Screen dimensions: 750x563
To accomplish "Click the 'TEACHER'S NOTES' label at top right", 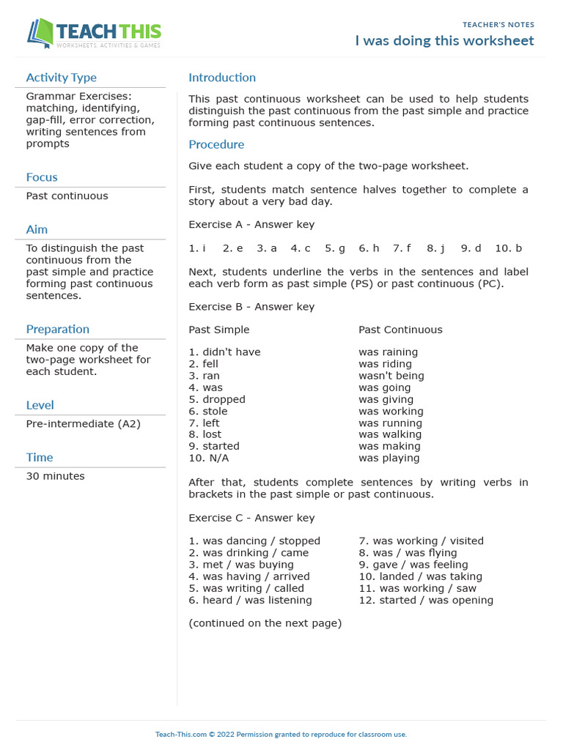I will (x=498, y=25).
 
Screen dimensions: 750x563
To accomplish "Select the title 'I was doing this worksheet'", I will (x=444, y=41).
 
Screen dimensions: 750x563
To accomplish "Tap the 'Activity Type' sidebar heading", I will (x=61, y=78).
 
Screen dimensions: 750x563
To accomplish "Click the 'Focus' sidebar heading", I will (x=42, y=177).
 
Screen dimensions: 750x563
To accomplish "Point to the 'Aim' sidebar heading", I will (x=37, y=229).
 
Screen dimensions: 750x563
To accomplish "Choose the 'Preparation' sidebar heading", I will (x=58, y=329).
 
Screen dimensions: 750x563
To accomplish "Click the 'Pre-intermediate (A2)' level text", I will (x=83, y=423).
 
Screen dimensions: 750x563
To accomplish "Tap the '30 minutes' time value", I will (x=55, y=476).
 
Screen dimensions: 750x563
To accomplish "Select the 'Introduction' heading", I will (x=222, y=78).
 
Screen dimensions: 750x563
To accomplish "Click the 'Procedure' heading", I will (x=216, y=144).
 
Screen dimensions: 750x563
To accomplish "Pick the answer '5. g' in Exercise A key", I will (x=335, y=248).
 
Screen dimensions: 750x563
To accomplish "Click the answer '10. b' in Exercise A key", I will (x=508, y=248).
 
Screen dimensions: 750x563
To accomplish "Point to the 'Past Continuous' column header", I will (x=400, y=330).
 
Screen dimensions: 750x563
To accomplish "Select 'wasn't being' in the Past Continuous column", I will (x=391, y=376).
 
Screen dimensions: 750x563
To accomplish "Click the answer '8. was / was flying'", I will (x=408, y=553).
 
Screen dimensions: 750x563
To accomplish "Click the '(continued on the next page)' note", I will (x=265, y=623).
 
